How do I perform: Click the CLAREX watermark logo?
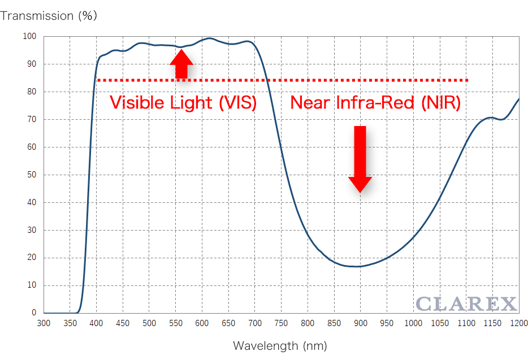tap(466, 304)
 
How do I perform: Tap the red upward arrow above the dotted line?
tap(181, 64)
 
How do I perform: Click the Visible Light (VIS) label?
tap(183, 103)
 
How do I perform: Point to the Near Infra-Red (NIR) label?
tap(375, 103)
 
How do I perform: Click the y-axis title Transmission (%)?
tap(49, 15)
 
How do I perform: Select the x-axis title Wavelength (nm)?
tap(280, 345)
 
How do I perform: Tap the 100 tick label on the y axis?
tap(29, 36)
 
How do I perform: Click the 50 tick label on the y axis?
tap(32, 175)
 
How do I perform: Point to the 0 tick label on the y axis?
tap(34, 313)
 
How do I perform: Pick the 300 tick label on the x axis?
tap(44, 324)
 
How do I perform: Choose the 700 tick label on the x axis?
tap(255, 324)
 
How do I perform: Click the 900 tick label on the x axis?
tap(361, 324)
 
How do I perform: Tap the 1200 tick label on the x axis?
tap(518, 324)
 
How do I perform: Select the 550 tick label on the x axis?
tap(176, 324)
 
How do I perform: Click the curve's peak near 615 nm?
tap(210, 38)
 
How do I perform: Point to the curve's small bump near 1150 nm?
tap(491, 118)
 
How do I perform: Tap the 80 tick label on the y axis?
tap(32, 92)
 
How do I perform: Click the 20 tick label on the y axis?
tap(32, 258)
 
